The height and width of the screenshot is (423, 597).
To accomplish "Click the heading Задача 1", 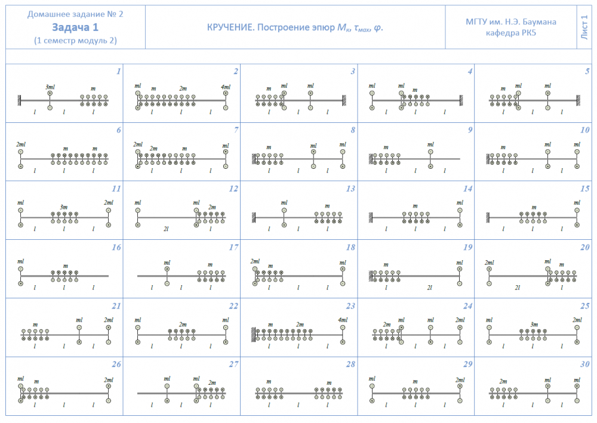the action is tap(75, 27).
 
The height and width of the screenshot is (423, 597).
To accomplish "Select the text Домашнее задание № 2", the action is tap(75, 13).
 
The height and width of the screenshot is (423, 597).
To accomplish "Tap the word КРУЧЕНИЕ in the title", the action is tap(229, 27).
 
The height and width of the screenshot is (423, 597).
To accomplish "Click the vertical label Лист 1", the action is tap(584, 27).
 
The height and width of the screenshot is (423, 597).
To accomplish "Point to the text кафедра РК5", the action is tap(511, 33).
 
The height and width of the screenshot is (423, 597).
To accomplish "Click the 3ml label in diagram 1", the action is tap(50, 87).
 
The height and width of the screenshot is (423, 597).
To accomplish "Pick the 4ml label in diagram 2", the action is tap(225, 87).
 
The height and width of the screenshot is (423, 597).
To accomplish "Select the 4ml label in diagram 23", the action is tap(343, 320).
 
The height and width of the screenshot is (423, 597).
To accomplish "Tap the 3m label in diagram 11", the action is tap(64, 206).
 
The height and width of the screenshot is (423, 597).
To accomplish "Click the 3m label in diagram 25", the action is tap(534, 324).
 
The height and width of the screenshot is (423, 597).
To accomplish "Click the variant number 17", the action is tap(234, 247).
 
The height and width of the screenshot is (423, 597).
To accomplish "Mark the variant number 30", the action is tap(585, 364).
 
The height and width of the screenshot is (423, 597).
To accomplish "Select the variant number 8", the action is tap(353, 130).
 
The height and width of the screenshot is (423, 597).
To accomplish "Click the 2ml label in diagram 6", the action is tap(21, 144).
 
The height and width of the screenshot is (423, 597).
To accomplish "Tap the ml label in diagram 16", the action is tap(21, 261).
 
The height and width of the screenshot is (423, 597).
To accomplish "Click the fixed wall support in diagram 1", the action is tap(20, 100).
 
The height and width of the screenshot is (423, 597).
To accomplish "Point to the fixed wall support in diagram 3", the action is tap(344, 100).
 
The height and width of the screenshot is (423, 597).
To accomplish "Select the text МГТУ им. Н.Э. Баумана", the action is tap(511, 22).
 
